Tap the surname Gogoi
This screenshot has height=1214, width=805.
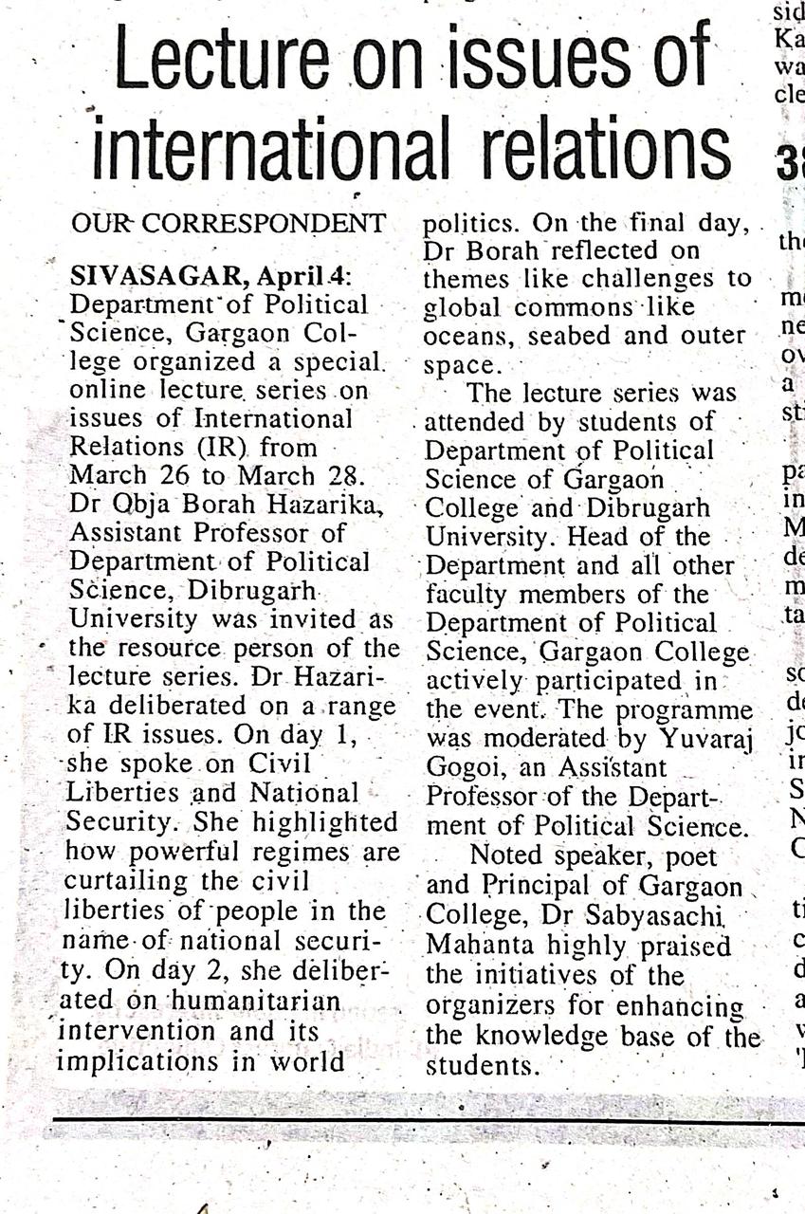[461, 767]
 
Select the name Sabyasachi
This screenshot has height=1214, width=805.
[664, 917]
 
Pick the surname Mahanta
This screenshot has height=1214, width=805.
[473, 947]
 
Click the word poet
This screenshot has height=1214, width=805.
[695, 856]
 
